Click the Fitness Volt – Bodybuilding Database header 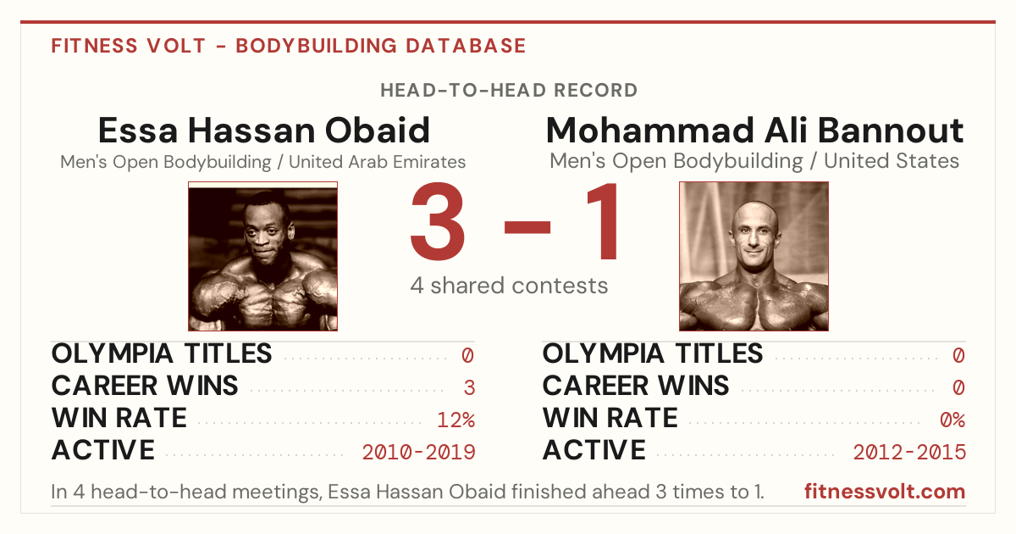[x=289, y=46]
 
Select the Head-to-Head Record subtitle [x=509, y=91]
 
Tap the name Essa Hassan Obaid [x=263, y=131]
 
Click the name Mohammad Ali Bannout [x=754, y=131]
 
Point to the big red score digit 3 [x=438, y=221]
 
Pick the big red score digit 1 [x=602, y=221]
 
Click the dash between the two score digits [x=527, y=226]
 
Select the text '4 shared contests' [x=509, y=286]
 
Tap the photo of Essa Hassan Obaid [x=263, y=256]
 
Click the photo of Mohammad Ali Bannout [x=754, y=256]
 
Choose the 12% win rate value [x=456, y=420]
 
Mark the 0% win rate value [x=952, y=420]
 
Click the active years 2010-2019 [x=418, y=453]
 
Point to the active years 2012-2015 [x=909, y=453]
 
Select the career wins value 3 [x=469, y=388]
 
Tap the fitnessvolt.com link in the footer [x=885, y=492]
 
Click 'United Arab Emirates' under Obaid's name [x=378, y=162]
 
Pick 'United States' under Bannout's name [x=892, y=161]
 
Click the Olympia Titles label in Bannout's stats [x=653, y=353]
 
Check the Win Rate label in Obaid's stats [x=119, y=418]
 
